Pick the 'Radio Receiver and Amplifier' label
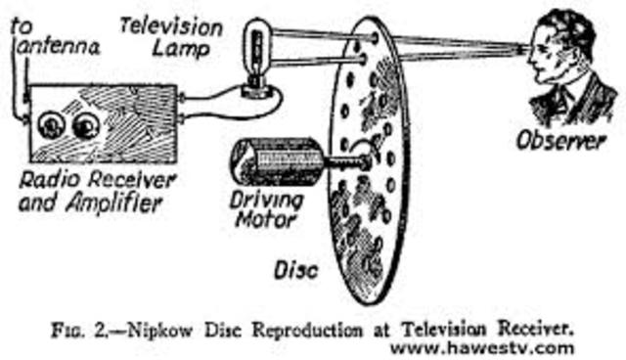tap(94, 191)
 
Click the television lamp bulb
tap(258, 46)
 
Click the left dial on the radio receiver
tap(49, 126)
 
